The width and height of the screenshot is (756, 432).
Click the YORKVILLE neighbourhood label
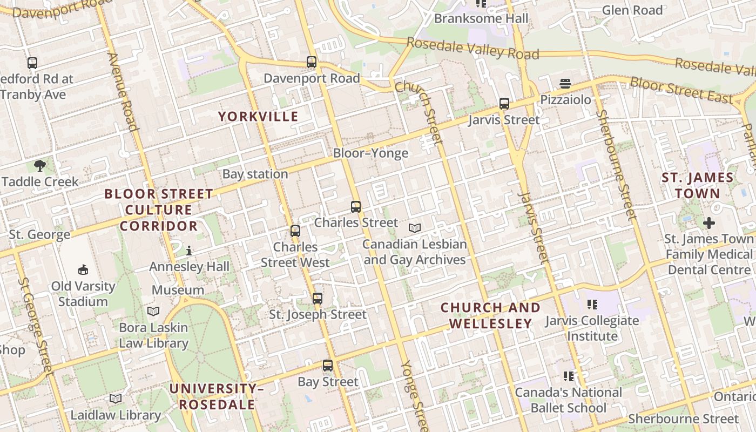pyautogui.click(x=258, y=116)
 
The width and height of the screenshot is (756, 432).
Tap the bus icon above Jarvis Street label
pyautogui.click(x=504, y=104)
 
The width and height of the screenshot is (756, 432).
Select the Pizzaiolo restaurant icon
pyautogui.click(x=565, y=84)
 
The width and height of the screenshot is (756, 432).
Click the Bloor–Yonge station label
pyautogui.click(x=370, y=153)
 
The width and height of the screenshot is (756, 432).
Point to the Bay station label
pyautogui.click(x=255, y=174)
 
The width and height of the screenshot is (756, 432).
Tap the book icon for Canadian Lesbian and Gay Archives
pyautogui.click(x=414, y=228)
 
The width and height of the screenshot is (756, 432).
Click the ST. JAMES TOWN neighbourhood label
pyautogui.click(x=698, y=185)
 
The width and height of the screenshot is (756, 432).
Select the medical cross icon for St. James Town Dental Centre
pyautogui.click(x=708, y=222)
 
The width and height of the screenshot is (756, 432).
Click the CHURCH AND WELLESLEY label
pyautogui.click(x=490, y=315)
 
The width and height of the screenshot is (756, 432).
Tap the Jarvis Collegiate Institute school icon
pyautogui.click(x=592, y=305)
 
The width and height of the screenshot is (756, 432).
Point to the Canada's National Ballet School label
pyautogui.click(x=568, y=400)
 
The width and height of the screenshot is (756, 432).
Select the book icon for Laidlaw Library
pyautogui.click(x=115, y=399)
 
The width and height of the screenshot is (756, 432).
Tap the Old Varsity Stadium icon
pyautogui.click(x=83, y=269)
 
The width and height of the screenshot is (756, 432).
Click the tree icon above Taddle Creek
pyautogui.click(x=39, y=166)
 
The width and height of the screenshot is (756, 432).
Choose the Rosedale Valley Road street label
pyautogui.click(x=473, y=49)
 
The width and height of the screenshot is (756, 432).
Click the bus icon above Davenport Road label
pyautogui.click(x=312, y=62)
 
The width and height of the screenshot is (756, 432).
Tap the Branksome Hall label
pyautogui.click(x=481, y=18)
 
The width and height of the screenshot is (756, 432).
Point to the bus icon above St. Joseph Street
pyautogui.click(x=318, y=298)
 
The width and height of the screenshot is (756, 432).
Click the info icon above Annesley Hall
pyautogui.click(x=189, y=251)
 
